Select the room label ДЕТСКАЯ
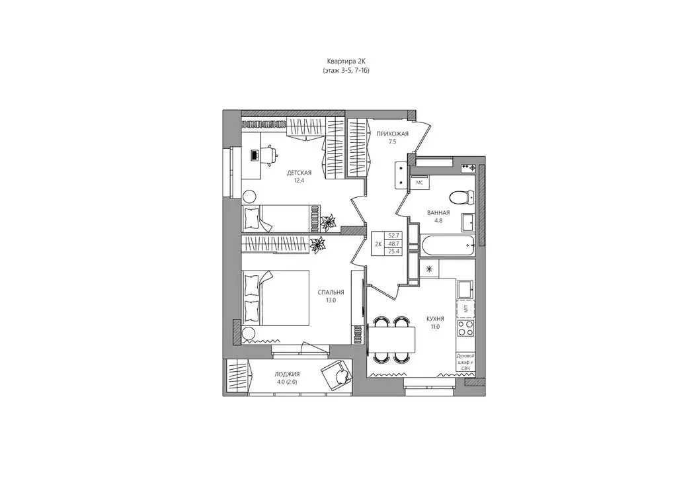pos(299,173)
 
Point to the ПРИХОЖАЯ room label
pos(393,134)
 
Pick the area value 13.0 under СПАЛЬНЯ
pos(331,300)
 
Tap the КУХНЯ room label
pos(436,318)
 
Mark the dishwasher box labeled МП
pos(465,308)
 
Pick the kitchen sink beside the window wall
pos(466,288)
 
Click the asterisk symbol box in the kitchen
pos(430,269)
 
